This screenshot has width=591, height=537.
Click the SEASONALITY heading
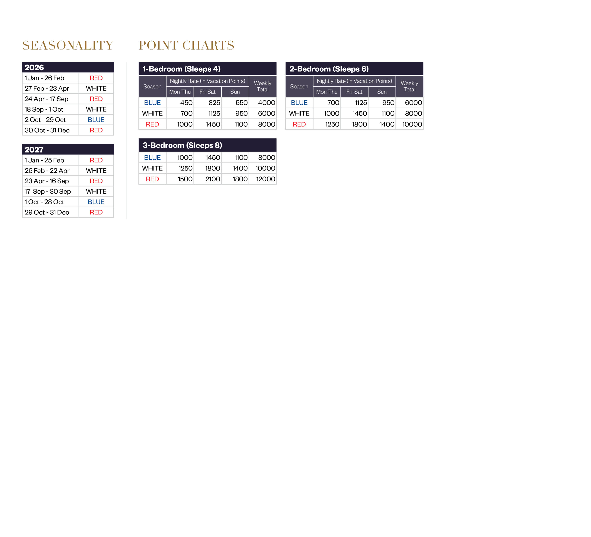[68, 46]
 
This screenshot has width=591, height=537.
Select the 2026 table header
[34, 67]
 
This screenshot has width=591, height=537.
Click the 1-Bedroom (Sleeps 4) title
[181, 69]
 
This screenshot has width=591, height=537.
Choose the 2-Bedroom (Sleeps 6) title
[329, 69]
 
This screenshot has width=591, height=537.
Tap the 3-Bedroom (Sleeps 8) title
[182, 145]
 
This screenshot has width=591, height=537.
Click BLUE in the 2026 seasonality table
[96, 120]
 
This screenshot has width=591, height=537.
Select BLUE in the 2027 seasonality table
[96, 202]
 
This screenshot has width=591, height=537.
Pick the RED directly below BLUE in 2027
[96, 212]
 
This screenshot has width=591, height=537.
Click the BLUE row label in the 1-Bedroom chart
[152, 103]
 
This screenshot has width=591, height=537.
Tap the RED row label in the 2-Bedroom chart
[299, 124]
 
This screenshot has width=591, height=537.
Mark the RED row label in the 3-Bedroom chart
[152, 179]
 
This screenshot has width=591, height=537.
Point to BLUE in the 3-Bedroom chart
[152, 158]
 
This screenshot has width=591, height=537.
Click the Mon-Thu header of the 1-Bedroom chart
[180, 92]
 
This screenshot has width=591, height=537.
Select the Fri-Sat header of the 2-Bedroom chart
[354, 92]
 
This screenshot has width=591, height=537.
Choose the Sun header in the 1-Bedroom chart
[235, 92]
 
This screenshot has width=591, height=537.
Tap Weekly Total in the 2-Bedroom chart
[409, 86]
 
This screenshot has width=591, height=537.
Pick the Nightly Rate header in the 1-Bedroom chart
[208, 81]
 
